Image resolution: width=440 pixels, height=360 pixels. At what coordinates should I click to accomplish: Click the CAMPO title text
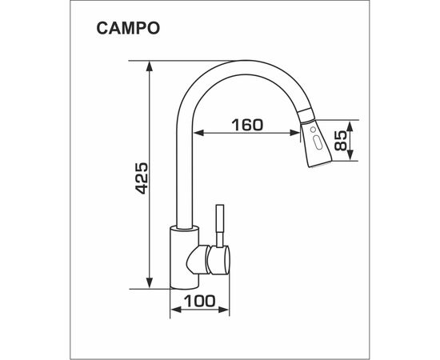coord(128,29)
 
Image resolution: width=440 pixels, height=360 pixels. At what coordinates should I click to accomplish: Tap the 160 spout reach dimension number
coord(247,125)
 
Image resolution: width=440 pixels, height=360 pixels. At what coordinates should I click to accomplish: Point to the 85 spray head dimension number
coord(340,142)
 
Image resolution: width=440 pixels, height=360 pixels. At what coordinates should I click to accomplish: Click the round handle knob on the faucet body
coord(218,258)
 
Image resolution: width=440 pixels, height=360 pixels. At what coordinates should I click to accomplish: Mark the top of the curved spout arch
coord(240,64)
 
